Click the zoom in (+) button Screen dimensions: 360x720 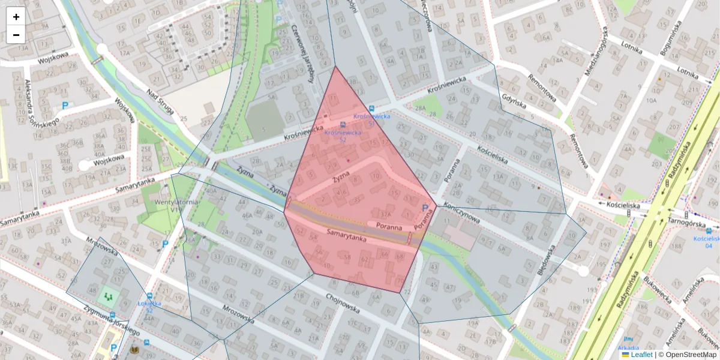click(16, 16)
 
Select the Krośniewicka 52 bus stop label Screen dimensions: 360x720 click(343, 136)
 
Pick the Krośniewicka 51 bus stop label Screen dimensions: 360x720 click(372, 119)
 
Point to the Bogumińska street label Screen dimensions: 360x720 click(671, 38)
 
